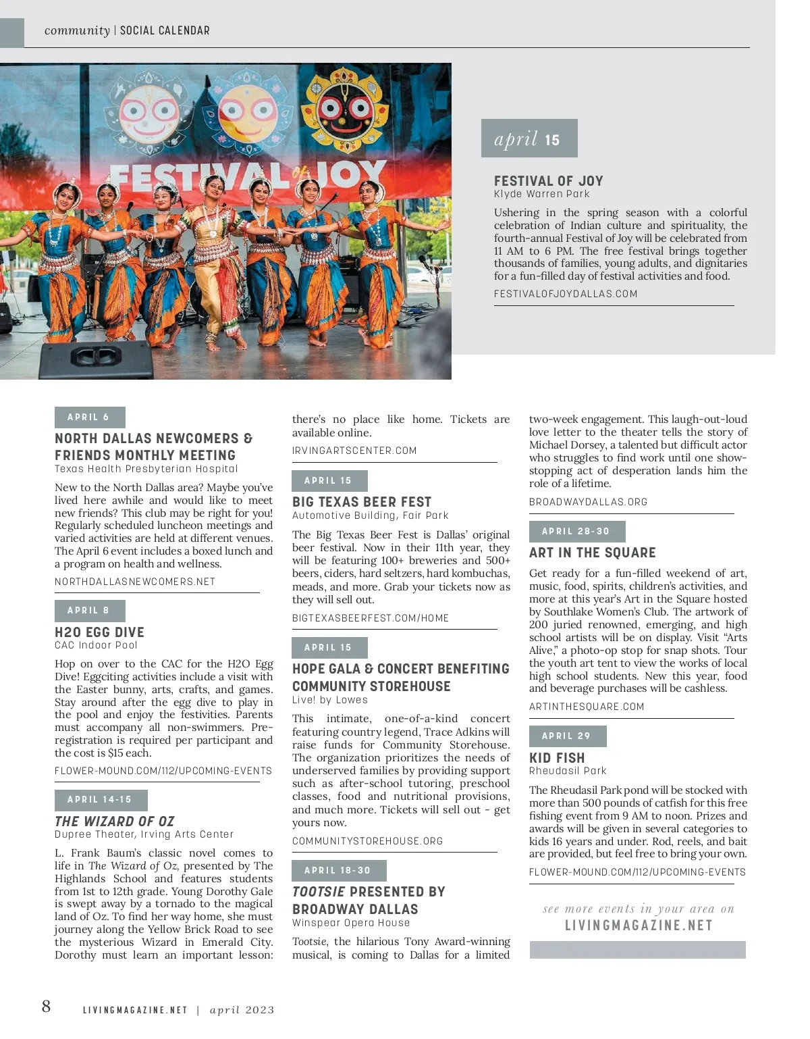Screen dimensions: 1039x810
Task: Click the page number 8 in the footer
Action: point(46,1007)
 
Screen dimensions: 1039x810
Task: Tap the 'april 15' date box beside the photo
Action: point(529,138)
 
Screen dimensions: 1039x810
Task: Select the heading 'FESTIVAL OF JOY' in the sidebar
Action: point(548,181)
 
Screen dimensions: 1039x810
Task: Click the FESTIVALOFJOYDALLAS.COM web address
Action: point(565,294)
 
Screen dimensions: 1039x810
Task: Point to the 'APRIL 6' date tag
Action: point(89,417)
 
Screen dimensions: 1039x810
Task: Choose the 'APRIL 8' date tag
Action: point(89,611)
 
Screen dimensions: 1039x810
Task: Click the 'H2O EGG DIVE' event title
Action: point(99,632)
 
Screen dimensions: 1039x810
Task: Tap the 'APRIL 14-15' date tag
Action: point(100,800)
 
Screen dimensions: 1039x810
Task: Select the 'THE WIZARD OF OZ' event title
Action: point(114,821)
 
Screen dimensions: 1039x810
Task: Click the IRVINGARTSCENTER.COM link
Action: point(354,451)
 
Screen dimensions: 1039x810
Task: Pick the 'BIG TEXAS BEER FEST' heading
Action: point(361,502)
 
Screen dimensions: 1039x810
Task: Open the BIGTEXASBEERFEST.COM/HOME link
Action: point(370,618)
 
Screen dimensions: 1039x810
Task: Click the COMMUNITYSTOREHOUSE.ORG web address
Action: point(367,841)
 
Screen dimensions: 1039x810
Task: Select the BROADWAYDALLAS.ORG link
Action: point(588,502)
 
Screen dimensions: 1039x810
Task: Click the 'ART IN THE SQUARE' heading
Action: point(592,553)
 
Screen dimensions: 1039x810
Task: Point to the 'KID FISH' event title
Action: point(557,758)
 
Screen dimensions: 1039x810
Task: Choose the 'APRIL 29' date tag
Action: point(567,736)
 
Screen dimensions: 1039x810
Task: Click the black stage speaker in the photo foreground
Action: point(97,359)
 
